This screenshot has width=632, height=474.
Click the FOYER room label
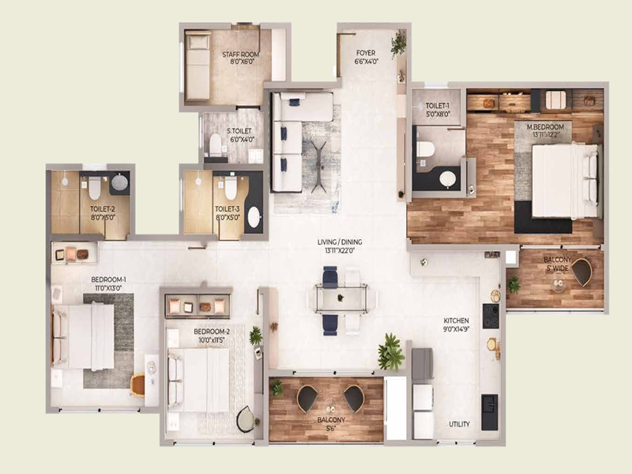[x=367, y=56]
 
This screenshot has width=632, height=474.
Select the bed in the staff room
[x=197, y=67]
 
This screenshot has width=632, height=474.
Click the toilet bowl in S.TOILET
[x=215, y=145]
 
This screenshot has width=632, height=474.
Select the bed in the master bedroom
[x=564, y=181]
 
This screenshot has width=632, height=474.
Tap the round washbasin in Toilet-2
[x=119, y=183]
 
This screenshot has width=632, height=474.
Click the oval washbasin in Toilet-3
[x=254, y=216]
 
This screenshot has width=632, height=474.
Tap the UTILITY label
[x=459, y=424]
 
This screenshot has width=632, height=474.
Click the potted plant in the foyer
[x=398, y=43]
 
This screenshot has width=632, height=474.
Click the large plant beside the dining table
[x=390, y=352]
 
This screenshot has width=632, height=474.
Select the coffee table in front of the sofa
[x=318, y=164]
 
